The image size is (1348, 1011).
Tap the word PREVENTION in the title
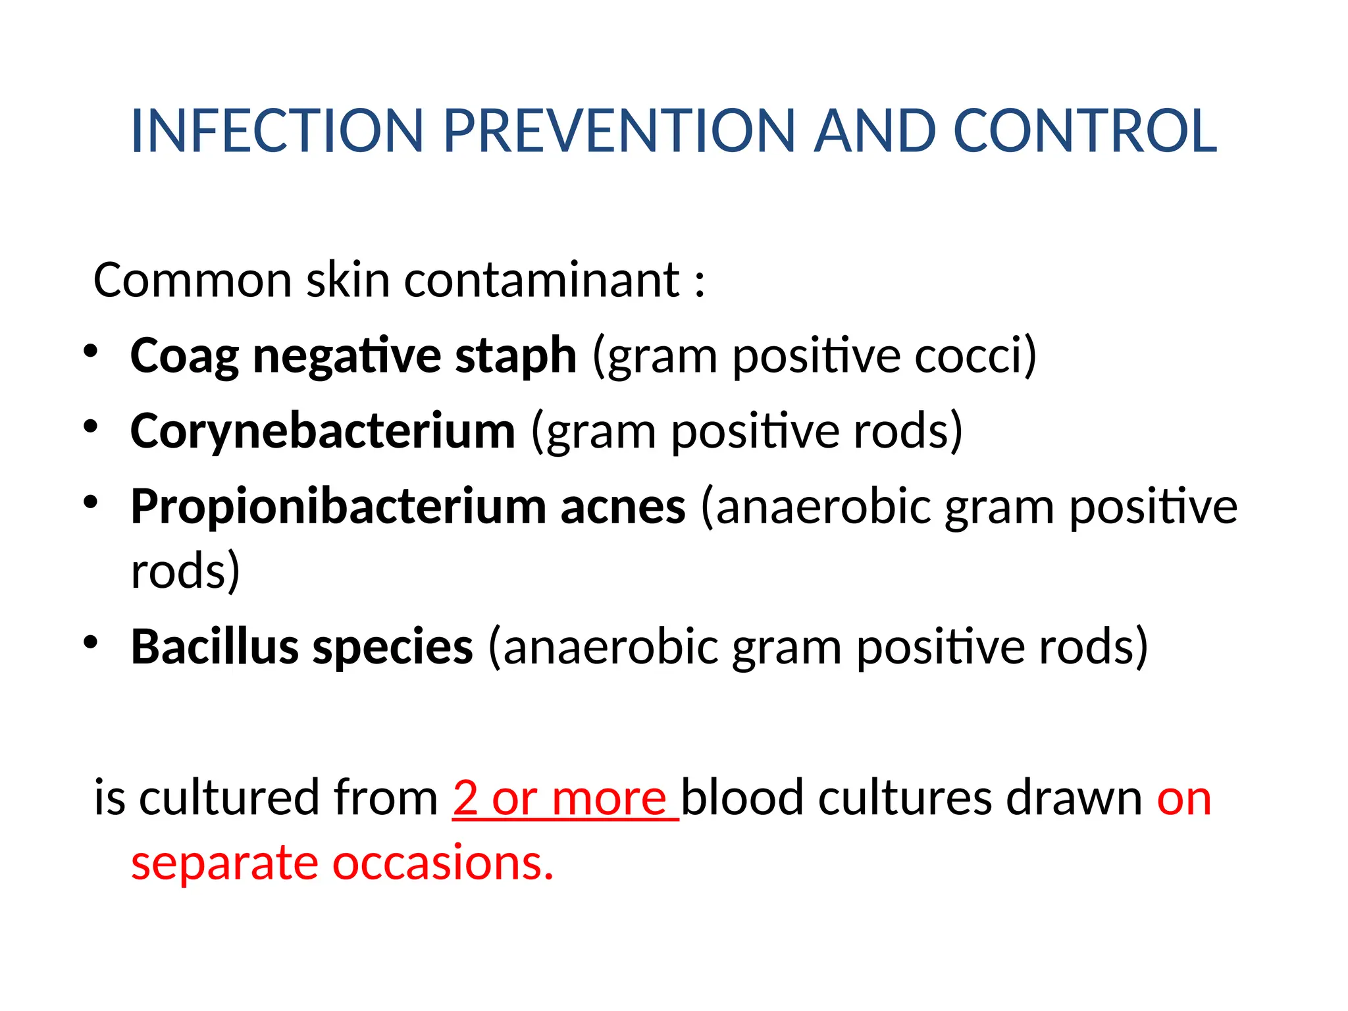pos(619,131)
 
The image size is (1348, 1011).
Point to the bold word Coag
pos(184,356)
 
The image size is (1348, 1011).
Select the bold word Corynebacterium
pos(323,432)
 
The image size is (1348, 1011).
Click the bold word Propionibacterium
pos(338,507)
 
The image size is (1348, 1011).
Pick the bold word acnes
pos(623,507)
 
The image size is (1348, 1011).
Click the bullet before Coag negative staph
pos(90,351)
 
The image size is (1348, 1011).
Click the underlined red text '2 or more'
pos(565,798)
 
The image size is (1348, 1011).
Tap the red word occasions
pos(442,863)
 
